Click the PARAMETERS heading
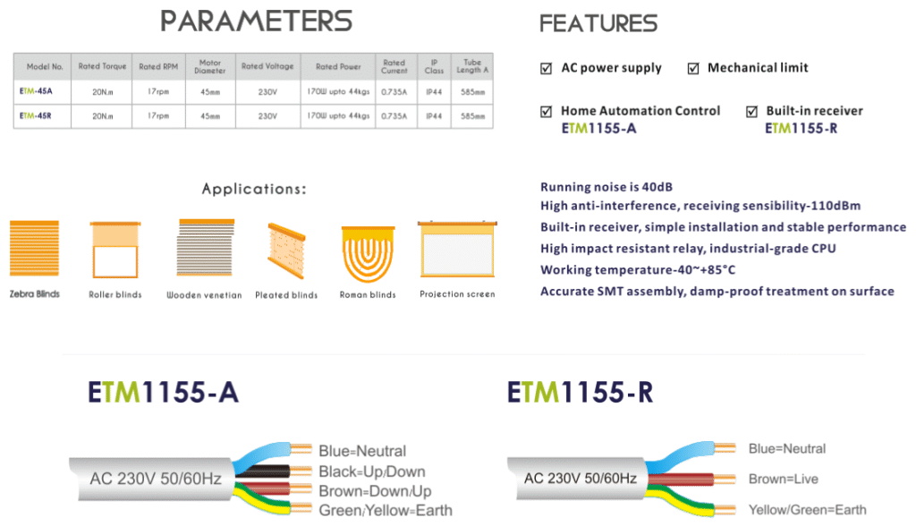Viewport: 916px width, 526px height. (x=257, y=21)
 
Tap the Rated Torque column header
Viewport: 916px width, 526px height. (x=102, y=66)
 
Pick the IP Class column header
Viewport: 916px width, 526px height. (x=434, y=66)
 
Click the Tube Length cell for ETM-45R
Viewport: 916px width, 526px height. (x=472, y=116)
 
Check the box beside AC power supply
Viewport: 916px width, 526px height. (x=547, y=68)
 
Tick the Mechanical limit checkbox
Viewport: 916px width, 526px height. (x=693, y=68)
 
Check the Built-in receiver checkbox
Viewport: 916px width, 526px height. (x=751, y=111)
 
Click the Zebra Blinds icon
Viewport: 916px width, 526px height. (x=35, y=248)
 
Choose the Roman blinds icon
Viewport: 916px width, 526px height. (x=368, y=255)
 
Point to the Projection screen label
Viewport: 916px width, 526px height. (x=457, y=294)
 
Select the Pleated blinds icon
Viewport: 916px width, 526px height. (x=286, y=250)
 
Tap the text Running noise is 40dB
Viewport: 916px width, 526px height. (x=606, y=187)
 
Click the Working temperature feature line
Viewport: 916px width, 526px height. (x=638, y=270)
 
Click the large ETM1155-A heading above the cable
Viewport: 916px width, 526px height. (x=163, y=392)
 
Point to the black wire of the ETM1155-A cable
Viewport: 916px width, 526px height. (x=264, y=471)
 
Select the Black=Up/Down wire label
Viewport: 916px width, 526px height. (x=371, y=471)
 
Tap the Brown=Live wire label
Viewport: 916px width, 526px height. (x=784, y=479)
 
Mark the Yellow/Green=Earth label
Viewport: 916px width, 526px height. (x=808, y=510)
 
